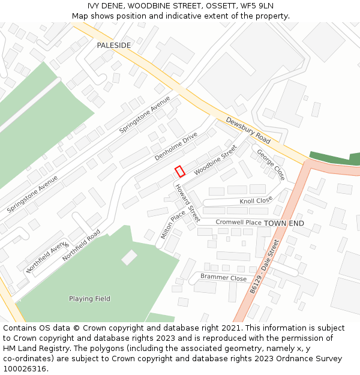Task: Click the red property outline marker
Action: tap(179, 171)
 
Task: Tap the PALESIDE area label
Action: tap(114, 46)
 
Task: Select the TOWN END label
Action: tap(284, 223)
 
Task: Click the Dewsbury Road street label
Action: tap(248, 130)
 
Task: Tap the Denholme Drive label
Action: tap(176, 146)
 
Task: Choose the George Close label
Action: tap(271, 165)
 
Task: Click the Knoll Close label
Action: tap(256, 200)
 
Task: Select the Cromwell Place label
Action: tap(238, 223)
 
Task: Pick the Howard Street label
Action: tap(187, 203)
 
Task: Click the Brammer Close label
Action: tap(223, 278)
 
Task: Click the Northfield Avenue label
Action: tap(47, 257)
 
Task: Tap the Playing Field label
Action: tap(89, 298)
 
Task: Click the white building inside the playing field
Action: tap(129, 257)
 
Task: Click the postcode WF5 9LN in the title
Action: tap(256, 5)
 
